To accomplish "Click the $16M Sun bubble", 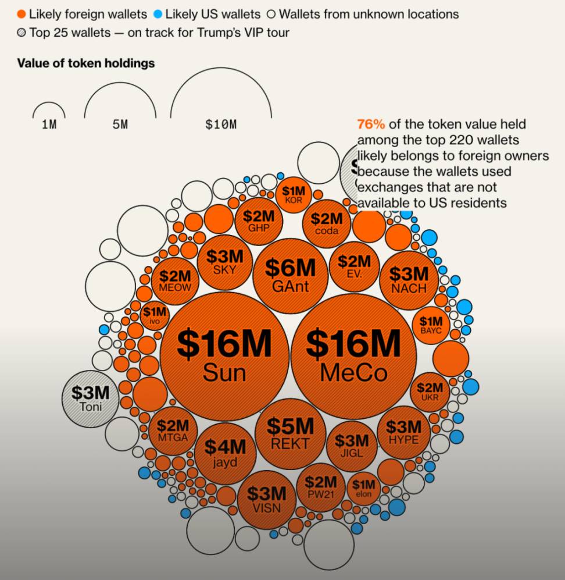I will tap(224, 355).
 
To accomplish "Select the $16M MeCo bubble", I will tap(353, 355).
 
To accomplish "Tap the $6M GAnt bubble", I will tap(290, 275).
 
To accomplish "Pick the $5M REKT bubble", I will tap(290, 433).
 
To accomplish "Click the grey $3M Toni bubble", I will tap(90, 398).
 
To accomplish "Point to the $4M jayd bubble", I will tap(225, 453).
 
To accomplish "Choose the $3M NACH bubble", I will tap(409, 280).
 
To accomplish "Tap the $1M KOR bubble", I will tap(294, 194).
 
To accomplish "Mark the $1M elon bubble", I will tap(364, 489).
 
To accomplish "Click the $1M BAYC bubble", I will tap(431, 326).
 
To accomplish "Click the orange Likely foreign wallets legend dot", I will tap(22, 14).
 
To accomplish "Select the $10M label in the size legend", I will tap(221, 124).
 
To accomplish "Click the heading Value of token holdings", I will tap(86, 63).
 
